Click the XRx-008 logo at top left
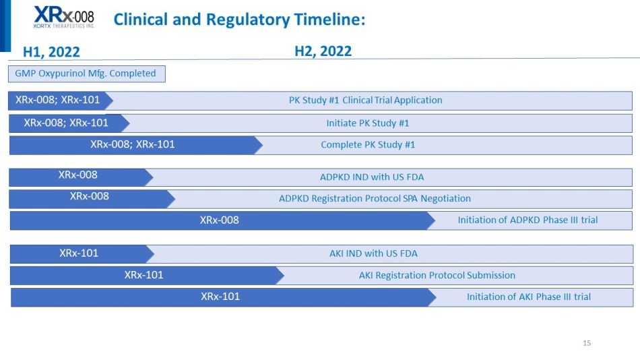64,17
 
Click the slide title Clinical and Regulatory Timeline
240,19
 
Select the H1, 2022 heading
51,52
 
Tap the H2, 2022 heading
323,51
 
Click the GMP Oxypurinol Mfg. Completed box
86,73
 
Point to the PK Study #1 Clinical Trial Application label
366,100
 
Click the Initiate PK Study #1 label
368,123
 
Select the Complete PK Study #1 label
368,145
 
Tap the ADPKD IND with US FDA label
372,177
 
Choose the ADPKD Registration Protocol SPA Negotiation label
375,199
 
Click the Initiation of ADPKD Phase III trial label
527,220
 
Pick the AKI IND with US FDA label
373,253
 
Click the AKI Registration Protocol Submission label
437,275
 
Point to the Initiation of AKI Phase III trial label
529,297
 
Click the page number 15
587,343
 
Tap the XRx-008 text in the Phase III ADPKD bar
219,220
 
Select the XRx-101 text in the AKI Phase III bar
220,297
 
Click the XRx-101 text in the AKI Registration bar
143,275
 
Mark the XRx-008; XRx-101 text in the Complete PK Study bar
133,144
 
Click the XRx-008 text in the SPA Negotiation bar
90,196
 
